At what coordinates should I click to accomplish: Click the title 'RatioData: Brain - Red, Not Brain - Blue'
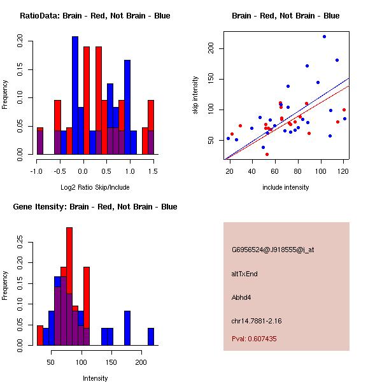coord(95,16)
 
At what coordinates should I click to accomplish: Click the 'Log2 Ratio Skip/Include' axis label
coord(95,187)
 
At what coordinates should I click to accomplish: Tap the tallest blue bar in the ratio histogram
coord(75,95)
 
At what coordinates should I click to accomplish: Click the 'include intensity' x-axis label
coord(285,187)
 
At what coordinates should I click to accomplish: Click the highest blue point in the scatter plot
coord(324,36)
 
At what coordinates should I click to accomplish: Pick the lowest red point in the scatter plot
coord(267,154)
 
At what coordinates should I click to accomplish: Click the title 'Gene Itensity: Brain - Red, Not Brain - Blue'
coord(95,207)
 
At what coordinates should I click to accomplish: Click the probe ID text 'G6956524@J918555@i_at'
coord(272,250)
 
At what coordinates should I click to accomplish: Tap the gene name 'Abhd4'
coord(243,297)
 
